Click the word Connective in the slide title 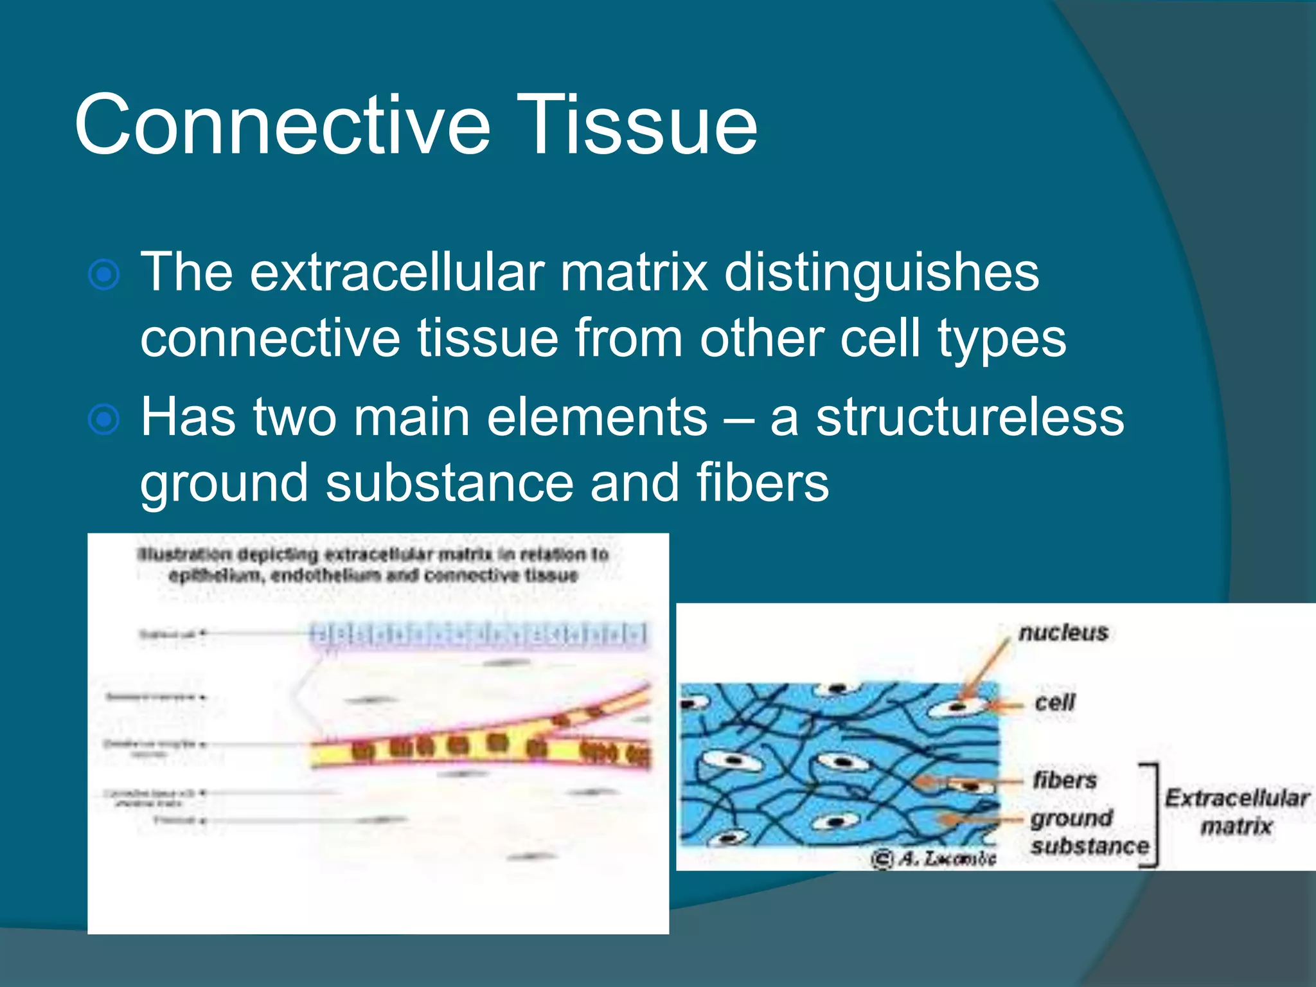point(283,125)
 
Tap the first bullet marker point(103,275)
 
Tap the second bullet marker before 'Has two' point(103,420)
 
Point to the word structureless point(970,418)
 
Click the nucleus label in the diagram point(1063,633)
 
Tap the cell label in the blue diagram point(1054,702)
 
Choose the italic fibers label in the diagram point(1065,780)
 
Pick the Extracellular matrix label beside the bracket point(1237,812)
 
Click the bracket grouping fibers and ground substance point(1153,815)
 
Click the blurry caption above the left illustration point(373,564)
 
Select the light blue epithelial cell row point(479,634)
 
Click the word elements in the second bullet point(597,418)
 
